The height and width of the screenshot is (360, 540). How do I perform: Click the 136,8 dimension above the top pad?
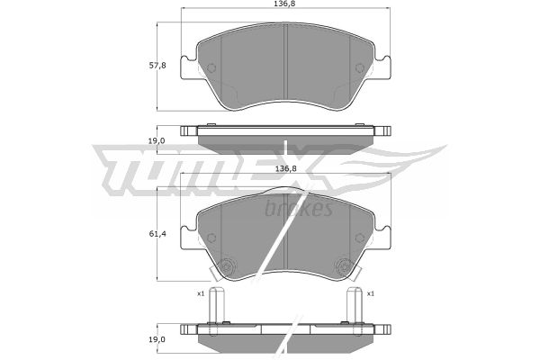tap(285, 4)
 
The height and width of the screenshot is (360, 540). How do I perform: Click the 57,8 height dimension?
tap(157, 65)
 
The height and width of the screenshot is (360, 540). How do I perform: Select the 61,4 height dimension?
tap(157, 234)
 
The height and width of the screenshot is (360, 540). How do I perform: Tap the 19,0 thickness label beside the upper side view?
tap(157, 140)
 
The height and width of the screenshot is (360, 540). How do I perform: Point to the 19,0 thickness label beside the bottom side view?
tap(157, 339)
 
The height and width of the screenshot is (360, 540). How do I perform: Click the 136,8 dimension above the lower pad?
tap(285, 169)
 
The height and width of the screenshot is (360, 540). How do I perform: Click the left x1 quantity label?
tap(201, 294)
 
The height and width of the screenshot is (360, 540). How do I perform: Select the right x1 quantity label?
tap(371, 294)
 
